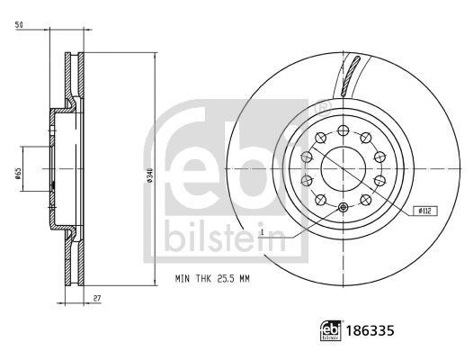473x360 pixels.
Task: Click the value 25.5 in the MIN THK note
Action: [x=221, y=279]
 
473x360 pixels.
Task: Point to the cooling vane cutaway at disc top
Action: [x=352, y=74]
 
